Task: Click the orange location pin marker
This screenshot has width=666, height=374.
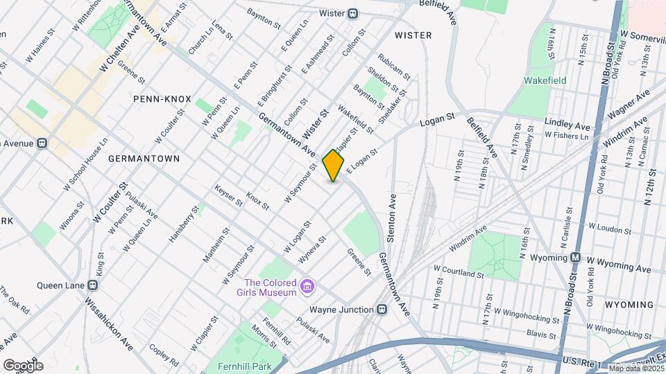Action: (334, 165)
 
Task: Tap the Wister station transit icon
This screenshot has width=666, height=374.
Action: (353, 13)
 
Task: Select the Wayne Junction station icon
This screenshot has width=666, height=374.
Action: (381, 310)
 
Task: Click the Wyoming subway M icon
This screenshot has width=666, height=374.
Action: (575, 258)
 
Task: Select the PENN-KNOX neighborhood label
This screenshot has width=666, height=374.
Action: (162, 99)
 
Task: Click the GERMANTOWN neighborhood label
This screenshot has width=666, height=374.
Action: (144, 159)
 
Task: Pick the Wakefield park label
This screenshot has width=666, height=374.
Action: (545, 80)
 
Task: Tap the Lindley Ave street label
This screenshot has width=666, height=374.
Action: (567, 126)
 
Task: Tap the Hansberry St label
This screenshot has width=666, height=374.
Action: (184, 224)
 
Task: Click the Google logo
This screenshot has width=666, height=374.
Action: (22, 365)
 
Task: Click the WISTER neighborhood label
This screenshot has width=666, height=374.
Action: (413, 35)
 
